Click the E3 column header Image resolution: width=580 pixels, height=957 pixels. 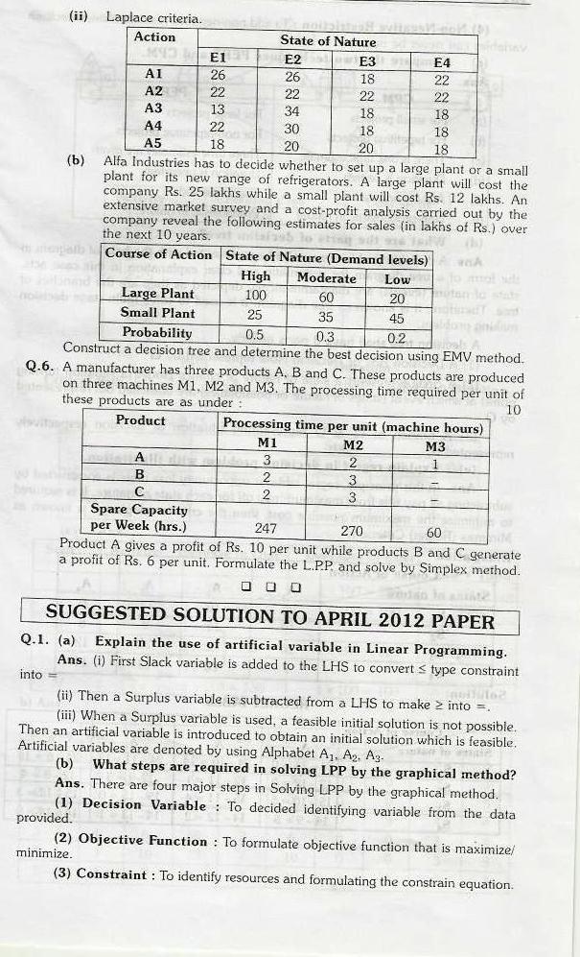(x=366, y=60)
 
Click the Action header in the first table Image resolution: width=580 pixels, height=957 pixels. (x=154, y=36)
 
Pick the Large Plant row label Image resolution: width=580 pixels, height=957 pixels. (x=157, y=293)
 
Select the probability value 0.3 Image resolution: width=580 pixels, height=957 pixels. (x=326, y=335)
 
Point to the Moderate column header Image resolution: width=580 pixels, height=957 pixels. (x=326, y=277)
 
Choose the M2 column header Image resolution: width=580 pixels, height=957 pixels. (x=353, y=444)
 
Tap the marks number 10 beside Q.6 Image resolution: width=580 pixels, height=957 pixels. (x=513, y=410)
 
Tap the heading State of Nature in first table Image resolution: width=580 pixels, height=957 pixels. (x=328, y=40)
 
